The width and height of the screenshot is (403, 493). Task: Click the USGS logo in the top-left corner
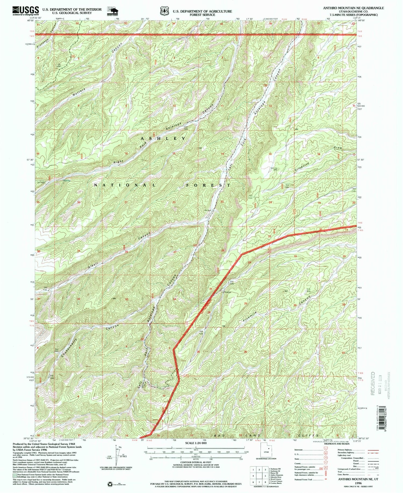click(26, 11)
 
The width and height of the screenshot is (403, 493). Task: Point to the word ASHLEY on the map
click(163, 138)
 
